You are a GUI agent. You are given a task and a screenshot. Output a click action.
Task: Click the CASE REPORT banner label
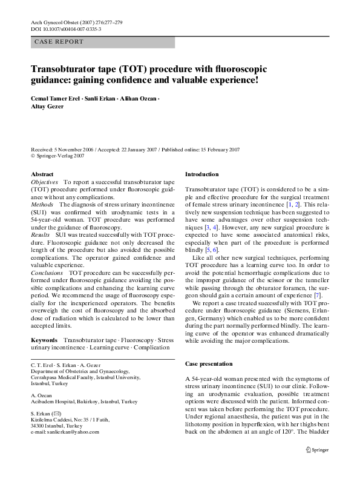tap(59, 42)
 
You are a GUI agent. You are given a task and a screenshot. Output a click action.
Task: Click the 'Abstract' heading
tap(42, 174)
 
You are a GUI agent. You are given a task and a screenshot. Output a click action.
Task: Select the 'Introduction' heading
tap(202, 174)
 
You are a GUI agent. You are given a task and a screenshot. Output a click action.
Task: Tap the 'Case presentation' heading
tap(208, 364)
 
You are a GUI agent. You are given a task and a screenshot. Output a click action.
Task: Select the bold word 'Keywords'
tap(45, 341)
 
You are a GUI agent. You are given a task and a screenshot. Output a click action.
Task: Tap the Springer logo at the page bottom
tap(319, 449)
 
